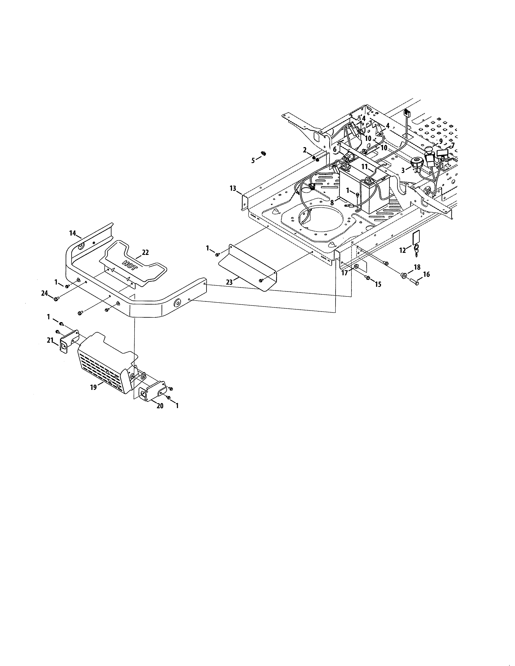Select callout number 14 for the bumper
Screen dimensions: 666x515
pyautogui.click(x=72, y=233)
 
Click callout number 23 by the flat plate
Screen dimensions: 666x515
pyautogui.click(x=229, y=282)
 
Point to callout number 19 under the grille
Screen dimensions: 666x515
pyautogui.click(x=93, y=387)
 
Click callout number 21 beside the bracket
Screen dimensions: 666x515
pyautogui.click(x=50, y=340)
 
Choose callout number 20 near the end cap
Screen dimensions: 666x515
pyautogui.click(x=160, y=406)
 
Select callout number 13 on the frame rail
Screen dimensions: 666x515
pyautogui.click(x=233, y=188)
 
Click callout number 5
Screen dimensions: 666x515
pyautogui.click(x=253, y=161)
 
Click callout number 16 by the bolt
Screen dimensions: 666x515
pyautogui.click(x=426, y=274)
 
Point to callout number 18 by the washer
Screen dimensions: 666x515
pyautogui.click(x=417, y=267)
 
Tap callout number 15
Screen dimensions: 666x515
pyautogui.click(x=378, y=285)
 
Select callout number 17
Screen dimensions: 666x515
pyautogui.click(x=345, y=273)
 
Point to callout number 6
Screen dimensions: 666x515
pyautogui.click(x=335, y=150)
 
